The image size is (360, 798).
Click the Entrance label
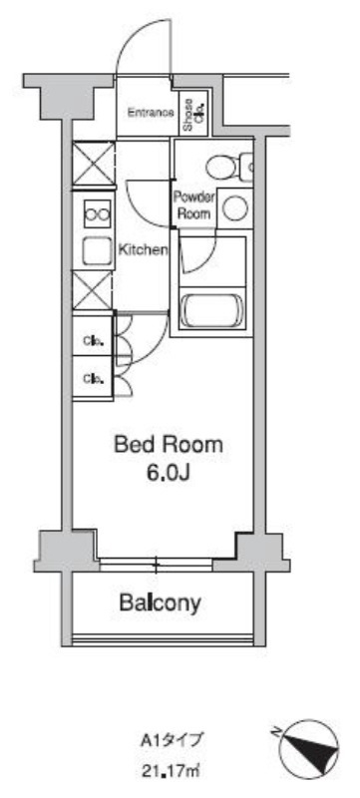(151, 113)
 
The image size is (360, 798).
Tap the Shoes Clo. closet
(194, 114)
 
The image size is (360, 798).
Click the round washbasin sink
(235, 207)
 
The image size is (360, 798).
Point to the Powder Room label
(193, 204)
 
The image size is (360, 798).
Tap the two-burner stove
(98, 214)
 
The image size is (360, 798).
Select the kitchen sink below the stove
(98, 251)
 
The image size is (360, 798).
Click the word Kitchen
(143, 249)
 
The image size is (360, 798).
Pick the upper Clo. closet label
(94, 341)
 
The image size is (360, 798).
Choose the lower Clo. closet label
(94, 379)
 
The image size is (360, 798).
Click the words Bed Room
(169, 445)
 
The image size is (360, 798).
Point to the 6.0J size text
(169, 473)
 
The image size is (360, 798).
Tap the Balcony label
(161, 603)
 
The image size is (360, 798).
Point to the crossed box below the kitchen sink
(92, 290)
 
